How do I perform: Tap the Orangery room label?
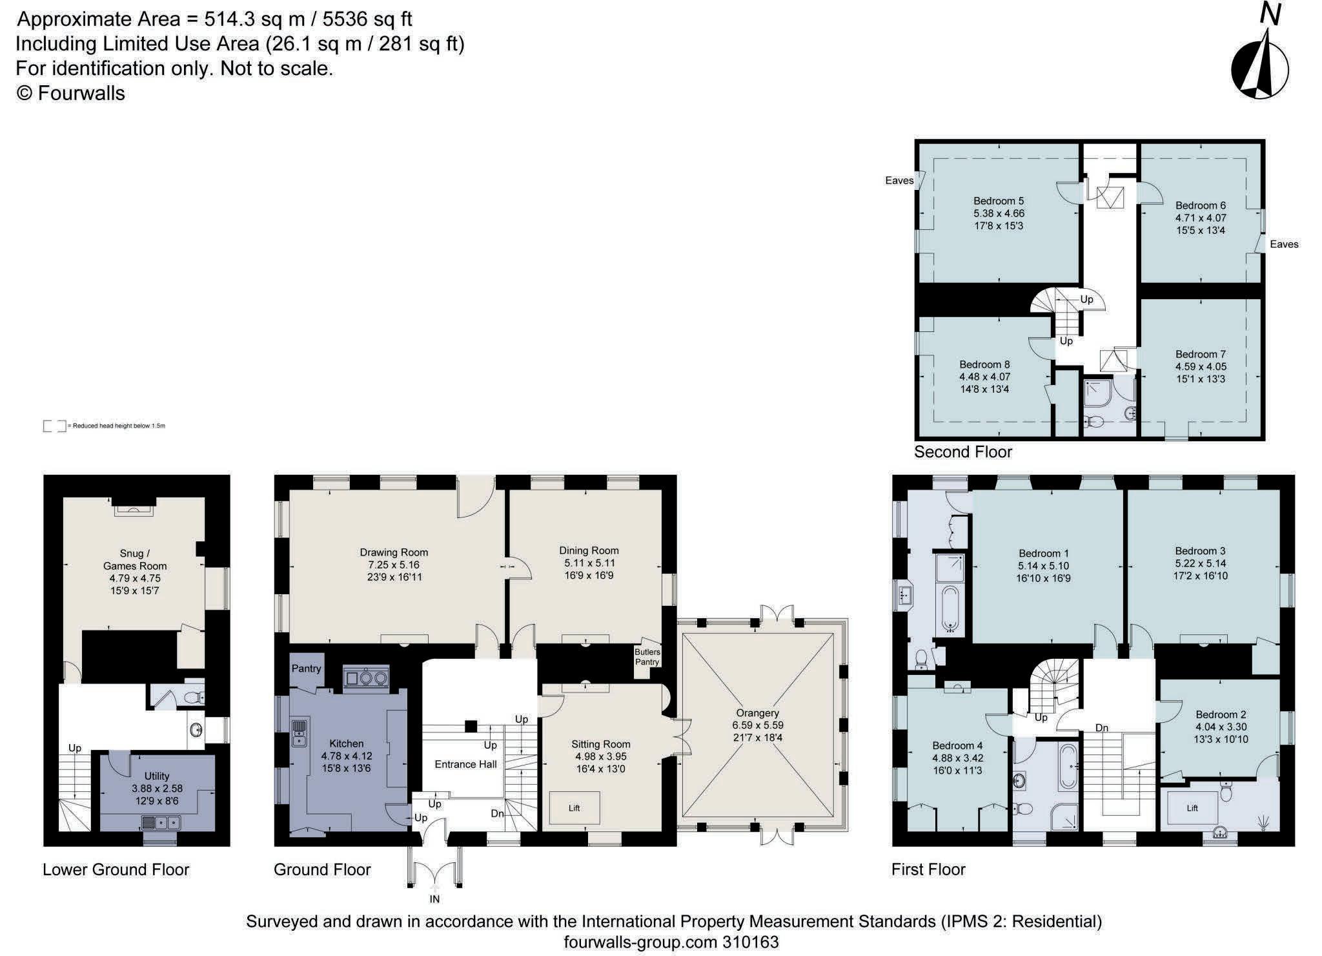click(x=757, y=713)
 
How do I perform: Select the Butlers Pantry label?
click(x=647, y=657)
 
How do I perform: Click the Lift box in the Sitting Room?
click(x=574, y=807)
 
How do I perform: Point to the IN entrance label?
click(x=434, y=899)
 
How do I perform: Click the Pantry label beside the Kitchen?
click(x=306, y=668)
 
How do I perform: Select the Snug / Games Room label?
click(x=135, y=559)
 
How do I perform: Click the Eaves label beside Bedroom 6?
click(x=1284, y=244)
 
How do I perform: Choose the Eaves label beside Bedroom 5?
click(x=899, y=181)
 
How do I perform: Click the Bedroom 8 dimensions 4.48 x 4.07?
click(x=984, y=377)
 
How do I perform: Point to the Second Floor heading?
click(x=963, y=452)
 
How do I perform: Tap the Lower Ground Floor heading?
click(x=116, y=869)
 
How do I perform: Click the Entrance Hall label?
click(x=465, y=764)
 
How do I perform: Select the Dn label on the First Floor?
click(x=1101, y=728)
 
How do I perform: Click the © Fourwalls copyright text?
click(x=70, y=93)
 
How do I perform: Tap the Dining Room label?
click(x=589, y=550)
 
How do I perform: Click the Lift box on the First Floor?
click(x=1192, y=808)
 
